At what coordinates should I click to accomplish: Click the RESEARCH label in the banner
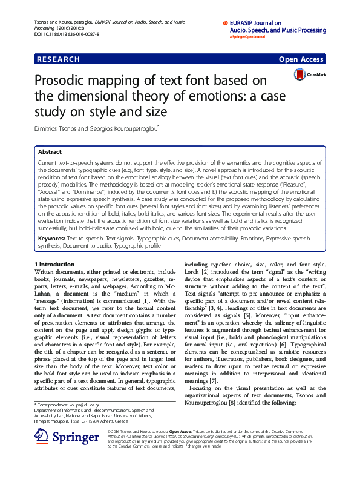click(58, 59)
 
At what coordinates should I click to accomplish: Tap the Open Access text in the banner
click(301, 59)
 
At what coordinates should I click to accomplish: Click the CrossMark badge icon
click(300, 75)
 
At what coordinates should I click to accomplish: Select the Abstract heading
click(50, 152)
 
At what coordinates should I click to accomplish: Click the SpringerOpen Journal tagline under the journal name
click(248, 36)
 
